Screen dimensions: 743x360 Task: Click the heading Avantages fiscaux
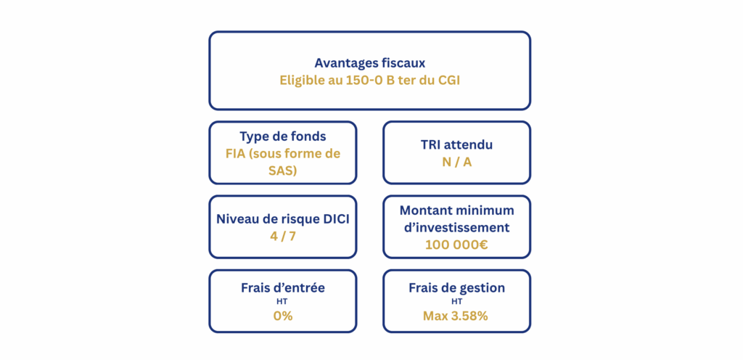click(369, 63)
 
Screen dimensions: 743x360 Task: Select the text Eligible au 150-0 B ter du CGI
click(369, 80)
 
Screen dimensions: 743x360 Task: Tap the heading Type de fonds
click(283, 136)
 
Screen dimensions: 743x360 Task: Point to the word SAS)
click(283, 171)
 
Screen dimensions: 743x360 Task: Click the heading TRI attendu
click(457, 145)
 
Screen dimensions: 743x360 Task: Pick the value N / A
click(457, 162)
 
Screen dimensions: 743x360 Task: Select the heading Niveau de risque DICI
click(283, 219)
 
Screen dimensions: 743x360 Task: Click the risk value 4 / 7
click(282, 236)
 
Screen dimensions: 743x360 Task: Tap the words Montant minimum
click(457, 210)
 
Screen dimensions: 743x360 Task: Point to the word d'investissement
click(457, 227)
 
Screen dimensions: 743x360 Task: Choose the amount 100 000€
click(457, 245)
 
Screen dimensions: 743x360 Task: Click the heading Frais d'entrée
click(283, 288)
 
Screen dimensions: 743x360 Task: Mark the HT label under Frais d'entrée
click(283, 300)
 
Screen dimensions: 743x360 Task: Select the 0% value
click(283, 316)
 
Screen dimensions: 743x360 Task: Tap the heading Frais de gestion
click(457, 288)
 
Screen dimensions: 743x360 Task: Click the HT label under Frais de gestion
click(457, 300)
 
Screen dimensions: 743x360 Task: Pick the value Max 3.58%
click(456, 316)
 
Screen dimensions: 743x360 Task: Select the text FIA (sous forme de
click(283, 154)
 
